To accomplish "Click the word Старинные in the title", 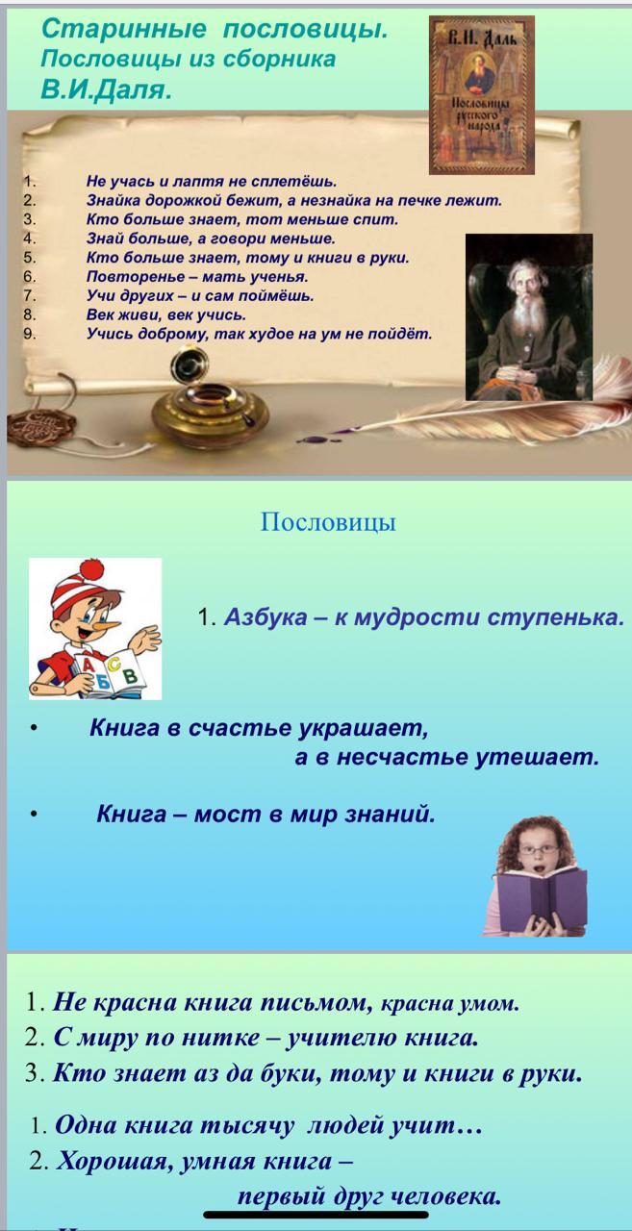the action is coord(124,29).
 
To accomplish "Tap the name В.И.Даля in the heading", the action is coord(106,89).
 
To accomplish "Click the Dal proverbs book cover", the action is coord(481,95).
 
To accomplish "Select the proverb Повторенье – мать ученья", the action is coord(197,276).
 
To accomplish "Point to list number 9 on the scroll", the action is coord(29,334).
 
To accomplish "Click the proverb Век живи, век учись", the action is coord(166,314).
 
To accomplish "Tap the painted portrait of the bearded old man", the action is coord(529,317).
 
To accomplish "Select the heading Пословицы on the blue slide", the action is coord(328,521).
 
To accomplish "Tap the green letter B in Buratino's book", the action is coord(130,675).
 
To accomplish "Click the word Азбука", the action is coord(265,617).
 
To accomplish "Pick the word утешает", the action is coord(537,757).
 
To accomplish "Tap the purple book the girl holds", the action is coord(541,900).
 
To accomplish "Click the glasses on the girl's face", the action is coord(539,849).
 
